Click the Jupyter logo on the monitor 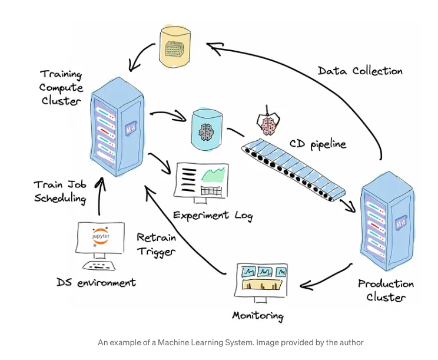(x=101, y=237)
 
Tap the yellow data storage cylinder (x=175, y=47)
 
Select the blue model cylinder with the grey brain (x=207, y=130)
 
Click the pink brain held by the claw (x=268, y=125)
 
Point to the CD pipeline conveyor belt (x=293, y=170)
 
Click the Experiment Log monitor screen (x=201, y=180)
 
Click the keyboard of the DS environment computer (x=99, y=265)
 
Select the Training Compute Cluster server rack (x=117, y=127)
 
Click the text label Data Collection (x=360, y=71)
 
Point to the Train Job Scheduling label (x=60, y=192)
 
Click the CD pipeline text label (x=318, y=144)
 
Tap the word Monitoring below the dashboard (x=258, y=316)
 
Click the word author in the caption (x=353, y=342)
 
